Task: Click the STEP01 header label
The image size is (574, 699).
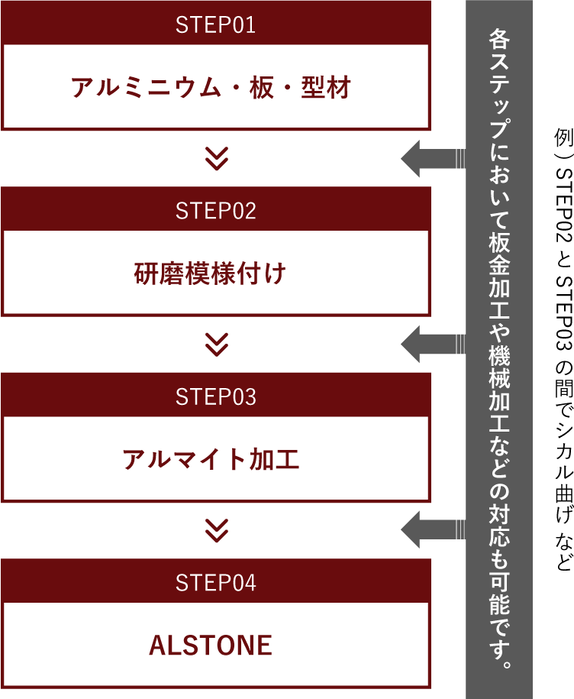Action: pos(215,25)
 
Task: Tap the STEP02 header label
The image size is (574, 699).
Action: pos(215,211)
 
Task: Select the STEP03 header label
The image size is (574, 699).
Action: pos(215,397)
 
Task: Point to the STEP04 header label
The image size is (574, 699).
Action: pos(215,583)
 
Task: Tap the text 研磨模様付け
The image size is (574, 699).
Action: pos(210,273)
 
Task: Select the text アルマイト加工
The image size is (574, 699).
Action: pos(211,460)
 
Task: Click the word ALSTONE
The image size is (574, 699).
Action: pos(211,646)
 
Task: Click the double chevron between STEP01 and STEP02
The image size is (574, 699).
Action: pos(218,158)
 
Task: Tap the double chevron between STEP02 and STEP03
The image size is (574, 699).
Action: pos(218,345)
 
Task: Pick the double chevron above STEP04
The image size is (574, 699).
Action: pos(218,530)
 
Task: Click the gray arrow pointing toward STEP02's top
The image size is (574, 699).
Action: pos(431,159)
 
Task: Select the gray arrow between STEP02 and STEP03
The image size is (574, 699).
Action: pos(431,345)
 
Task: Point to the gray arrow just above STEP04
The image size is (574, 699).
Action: pos(431,530)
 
